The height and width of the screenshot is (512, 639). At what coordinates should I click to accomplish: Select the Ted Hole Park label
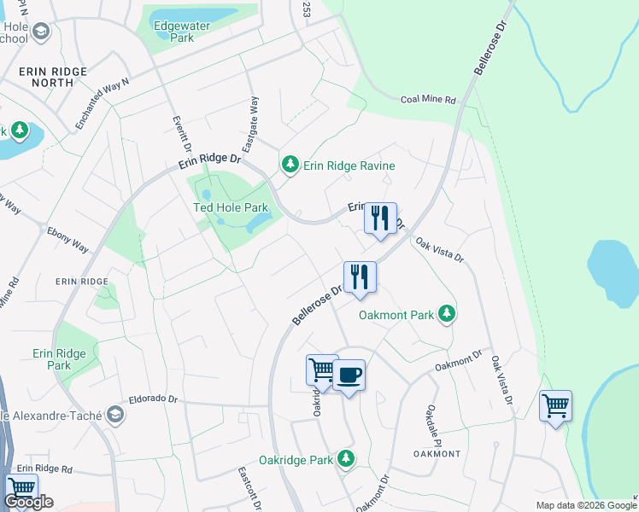230,207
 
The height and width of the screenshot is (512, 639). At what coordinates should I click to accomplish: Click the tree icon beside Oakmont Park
445,314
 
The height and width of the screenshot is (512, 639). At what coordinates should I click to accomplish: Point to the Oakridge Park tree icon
346,459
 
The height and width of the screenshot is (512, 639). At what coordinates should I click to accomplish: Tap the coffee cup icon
349,375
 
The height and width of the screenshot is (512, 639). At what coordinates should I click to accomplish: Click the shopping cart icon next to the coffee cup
322,369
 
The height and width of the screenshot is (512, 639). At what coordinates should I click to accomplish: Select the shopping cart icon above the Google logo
21,489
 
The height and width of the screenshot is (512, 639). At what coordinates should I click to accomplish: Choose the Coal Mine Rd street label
429,100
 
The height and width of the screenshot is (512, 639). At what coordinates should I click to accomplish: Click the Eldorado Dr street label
154,399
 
